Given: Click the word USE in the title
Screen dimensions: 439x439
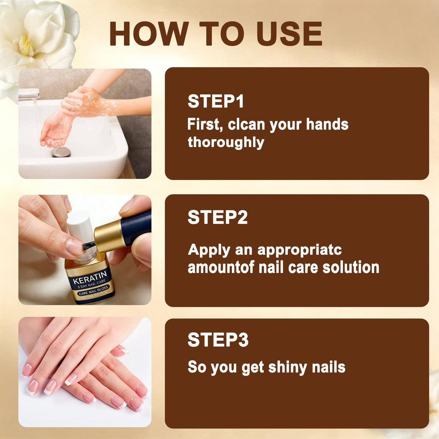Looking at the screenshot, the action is click(289, 34).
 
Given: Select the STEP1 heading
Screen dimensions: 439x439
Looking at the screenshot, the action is click(215, 101).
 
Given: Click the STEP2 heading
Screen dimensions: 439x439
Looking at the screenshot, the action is click(218, 217).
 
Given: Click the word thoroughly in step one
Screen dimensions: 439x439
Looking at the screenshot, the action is click(226, 143).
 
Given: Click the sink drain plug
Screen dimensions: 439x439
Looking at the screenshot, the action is click(61, 152).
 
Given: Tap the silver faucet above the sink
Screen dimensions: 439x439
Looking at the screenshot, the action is click(29, 93).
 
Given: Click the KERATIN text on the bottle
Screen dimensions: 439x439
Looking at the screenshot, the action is click(90, 277).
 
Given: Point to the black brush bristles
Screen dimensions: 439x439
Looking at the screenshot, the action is click(88, 246).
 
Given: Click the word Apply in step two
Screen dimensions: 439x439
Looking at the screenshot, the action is click(209, 250).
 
